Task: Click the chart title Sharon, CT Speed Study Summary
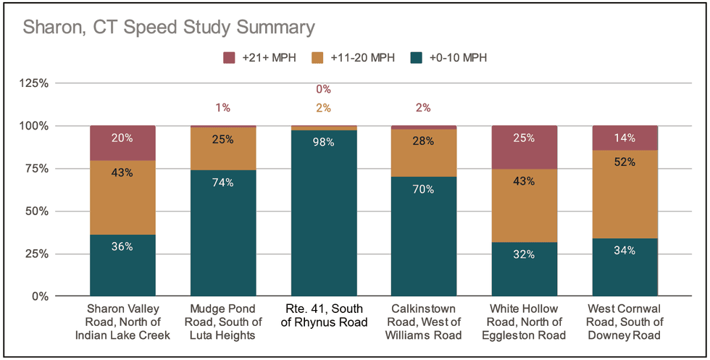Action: pos(168,28)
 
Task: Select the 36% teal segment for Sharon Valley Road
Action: pos(122,265)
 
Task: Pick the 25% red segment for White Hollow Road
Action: pos(524,148)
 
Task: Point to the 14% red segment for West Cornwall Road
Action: pos(625,138)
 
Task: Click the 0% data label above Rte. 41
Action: pos(323,90)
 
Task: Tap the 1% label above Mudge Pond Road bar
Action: pos(222,108)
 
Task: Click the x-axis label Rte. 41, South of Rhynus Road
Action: pos(323,316)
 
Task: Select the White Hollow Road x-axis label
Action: pos(524,322)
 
